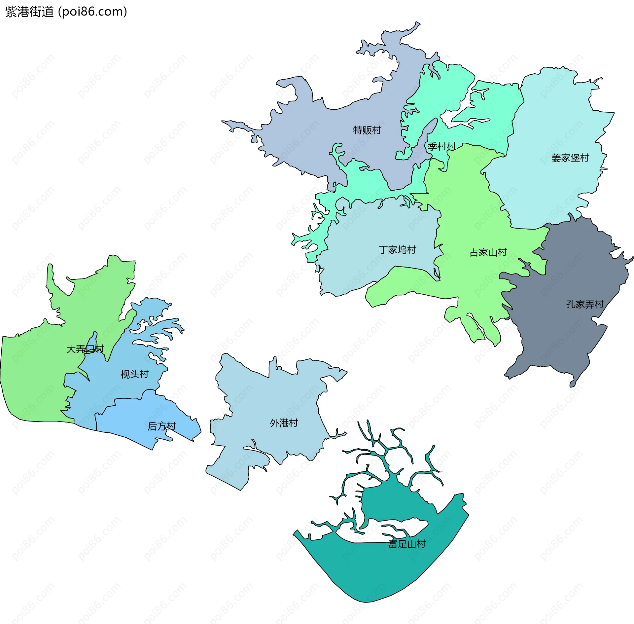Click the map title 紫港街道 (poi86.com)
click(66, 12)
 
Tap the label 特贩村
click(367, 130)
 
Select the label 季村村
click(441, 146)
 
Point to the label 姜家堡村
click(570, 158)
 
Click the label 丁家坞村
click(397, 250)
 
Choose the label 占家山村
click(488, 252)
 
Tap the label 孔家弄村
click(585, 304)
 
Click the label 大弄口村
click(85, 349)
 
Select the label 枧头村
click(134, 374)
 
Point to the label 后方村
click(161, 426)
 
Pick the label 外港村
click(284, 423)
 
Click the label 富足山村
click(407, 544)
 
